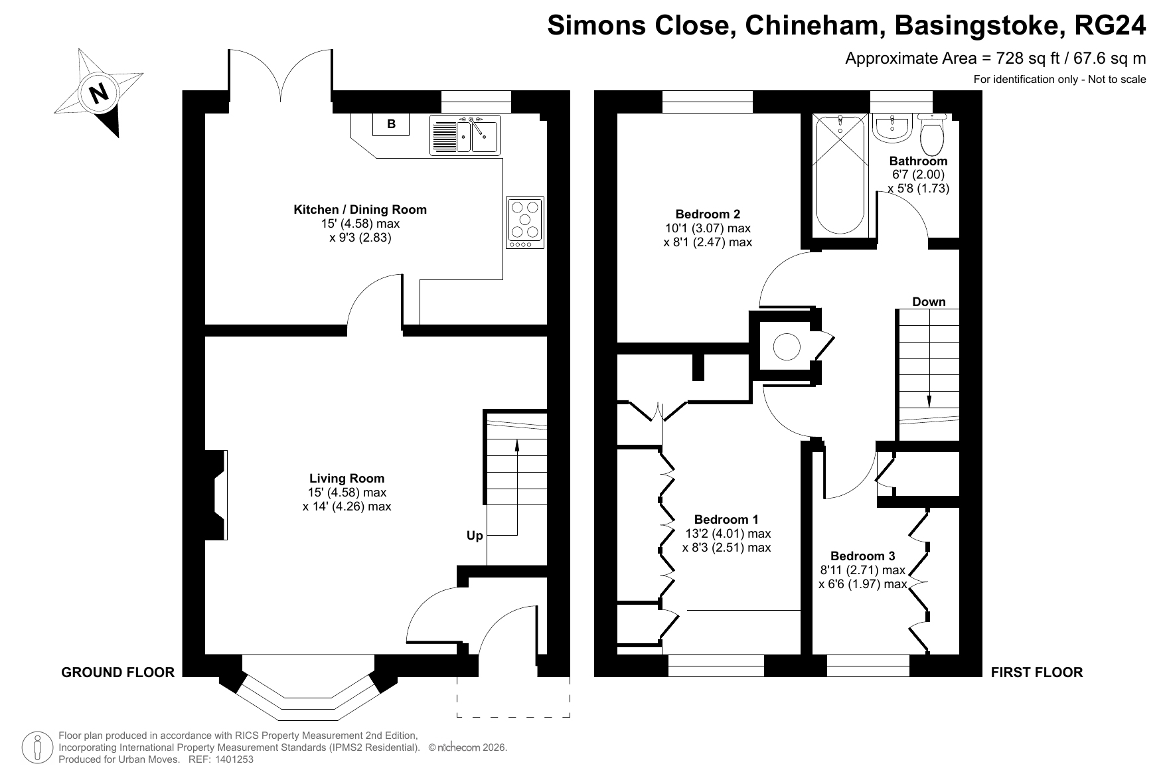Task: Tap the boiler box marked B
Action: (x=391, y=124)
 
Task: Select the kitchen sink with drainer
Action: (x=464, y=135)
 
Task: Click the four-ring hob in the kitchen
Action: (x=525, y=222)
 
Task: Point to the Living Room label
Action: (x=347, y=478)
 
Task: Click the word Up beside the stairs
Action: (x=475, y=536)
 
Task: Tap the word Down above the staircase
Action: (x=929, y=302)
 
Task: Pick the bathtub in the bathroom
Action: (x=840, y=174)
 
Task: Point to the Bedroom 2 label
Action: (x=708, y=214)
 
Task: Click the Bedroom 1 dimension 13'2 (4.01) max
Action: (x=728, y=534)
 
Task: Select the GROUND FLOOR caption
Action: (x=117, y=672)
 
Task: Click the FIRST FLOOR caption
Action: (x=1037, y=672)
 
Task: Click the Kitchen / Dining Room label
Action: (x=360, y=210)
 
